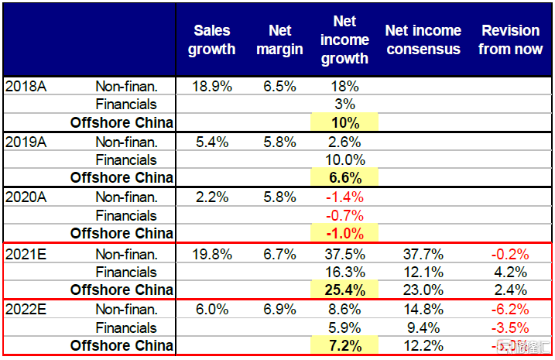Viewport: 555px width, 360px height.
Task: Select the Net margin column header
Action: [279, 39]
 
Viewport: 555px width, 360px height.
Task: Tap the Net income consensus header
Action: [423, 39]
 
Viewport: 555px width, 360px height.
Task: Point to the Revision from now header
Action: [510, 39]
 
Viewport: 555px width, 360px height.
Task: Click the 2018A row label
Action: [26, 85]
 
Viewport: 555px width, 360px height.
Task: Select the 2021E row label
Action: [26, 254]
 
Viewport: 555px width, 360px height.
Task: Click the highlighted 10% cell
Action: [344, 122]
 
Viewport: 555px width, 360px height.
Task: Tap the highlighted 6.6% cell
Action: [344, 177]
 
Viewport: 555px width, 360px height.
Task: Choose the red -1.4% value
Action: [344, 197]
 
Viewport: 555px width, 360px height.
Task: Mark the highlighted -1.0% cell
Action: [344, 234]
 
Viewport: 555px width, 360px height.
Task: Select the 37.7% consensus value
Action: [423, 254]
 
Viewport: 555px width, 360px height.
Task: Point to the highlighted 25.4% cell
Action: [344, 290]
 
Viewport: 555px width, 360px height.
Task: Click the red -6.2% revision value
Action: [510, 310]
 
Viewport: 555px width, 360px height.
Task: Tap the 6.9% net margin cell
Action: [279, 310]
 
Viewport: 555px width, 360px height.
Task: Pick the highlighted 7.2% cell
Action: [344, 346]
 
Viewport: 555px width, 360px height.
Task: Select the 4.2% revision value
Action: [511, 272]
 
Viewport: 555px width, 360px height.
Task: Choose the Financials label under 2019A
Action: [126, 159]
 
